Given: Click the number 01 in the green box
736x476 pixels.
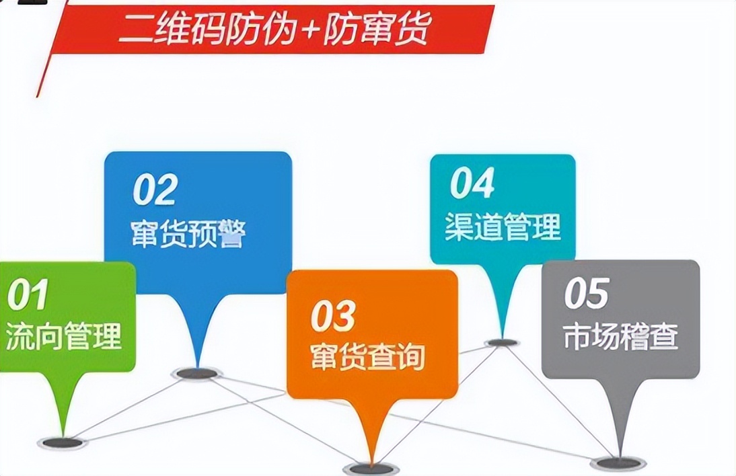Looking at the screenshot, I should click(28, 295).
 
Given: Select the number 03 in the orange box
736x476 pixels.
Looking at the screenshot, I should click(332, 316).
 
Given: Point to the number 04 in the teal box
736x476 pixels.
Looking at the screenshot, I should click(472, 184).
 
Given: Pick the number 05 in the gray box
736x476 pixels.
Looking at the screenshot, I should click(586, 293).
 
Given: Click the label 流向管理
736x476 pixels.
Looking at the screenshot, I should click(63, 335).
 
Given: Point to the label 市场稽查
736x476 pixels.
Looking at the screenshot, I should click(620, 336).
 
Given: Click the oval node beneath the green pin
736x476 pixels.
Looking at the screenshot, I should click(63, 443).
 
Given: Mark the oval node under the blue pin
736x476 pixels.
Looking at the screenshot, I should click(196, 373).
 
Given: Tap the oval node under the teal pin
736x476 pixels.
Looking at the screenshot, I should click(502, 343).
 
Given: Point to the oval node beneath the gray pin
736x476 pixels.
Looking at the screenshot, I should click(618, 463).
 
